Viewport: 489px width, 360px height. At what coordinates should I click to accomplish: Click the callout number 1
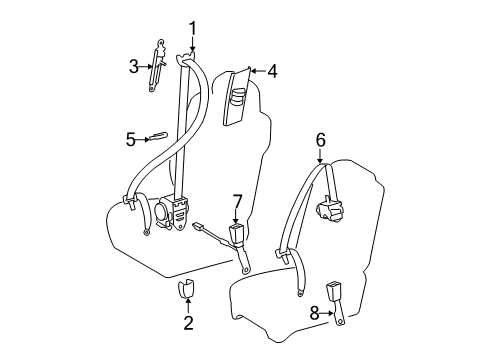(x=193, y=29)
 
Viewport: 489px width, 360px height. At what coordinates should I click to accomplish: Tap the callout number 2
(x=186, y=324)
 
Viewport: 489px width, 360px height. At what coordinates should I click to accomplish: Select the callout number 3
(x=133, y=67)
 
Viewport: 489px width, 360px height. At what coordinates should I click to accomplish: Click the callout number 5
(x=131, y=139)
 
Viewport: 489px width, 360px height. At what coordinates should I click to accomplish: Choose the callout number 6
(x=321, y=141)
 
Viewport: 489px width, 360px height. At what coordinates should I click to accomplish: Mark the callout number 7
(x=237, y=203)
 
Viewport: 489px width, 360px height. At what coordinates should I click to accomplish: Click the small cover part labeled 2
(x=186, y=290)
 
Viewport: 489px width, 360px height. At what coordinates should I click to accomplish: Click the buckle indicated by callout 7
(x=238, y=236)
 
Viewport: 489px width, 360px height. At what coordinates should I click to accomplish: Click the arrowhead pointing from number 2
(x=186, y=302)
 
